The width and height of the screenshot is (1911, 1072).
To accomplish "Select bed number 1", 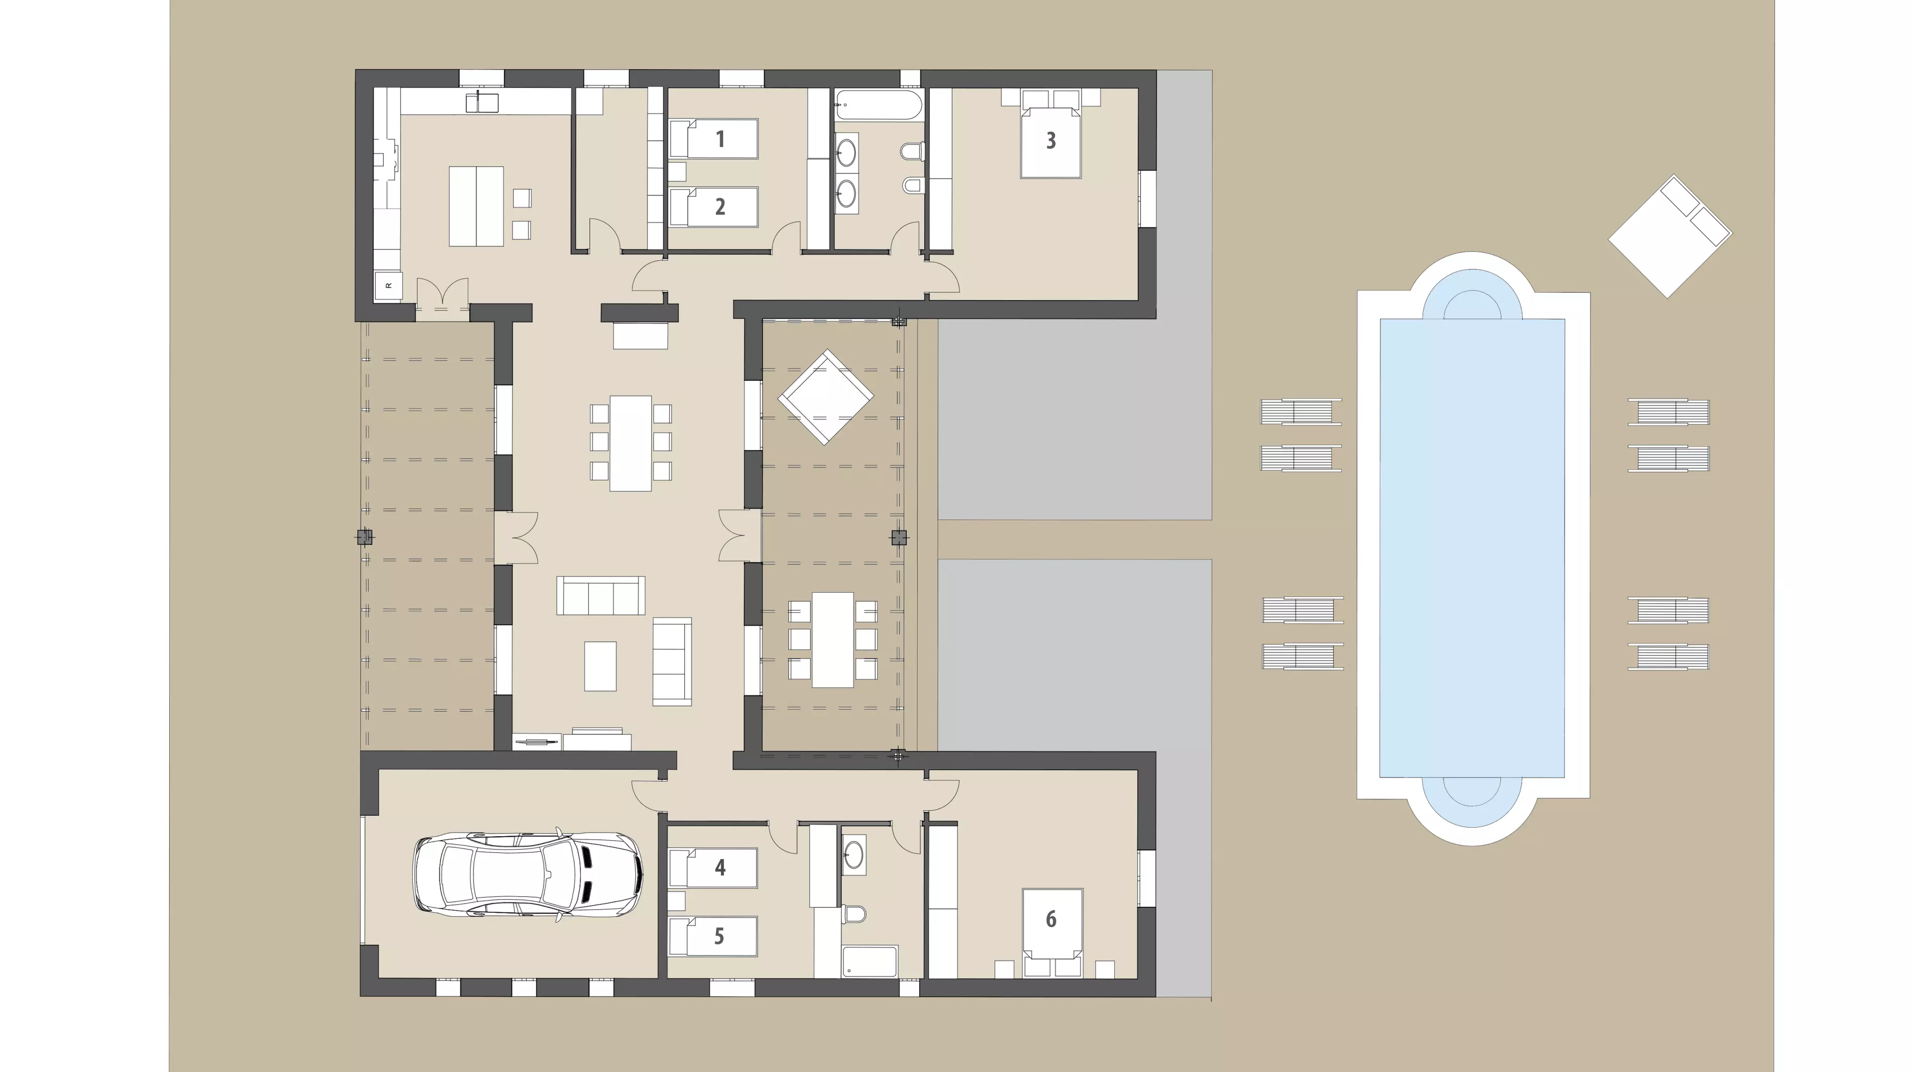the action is (714, 139).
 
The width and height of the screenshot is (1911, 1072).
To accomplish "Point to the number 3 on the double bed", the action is (1051, 141).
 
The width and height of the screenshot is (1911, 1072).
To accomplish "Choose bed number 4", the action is (713, 868).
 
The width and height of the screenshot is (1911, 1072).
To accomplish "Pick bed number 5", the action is (713, 936).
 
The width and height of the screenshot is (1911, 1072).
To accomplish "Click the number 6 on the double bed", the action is (1051, 919).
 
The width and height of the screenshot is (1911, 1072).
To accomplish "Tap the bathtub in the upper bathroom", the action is (879, 105).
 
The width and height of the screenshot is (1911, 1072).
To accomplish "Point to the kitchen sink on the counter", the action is (482, 103).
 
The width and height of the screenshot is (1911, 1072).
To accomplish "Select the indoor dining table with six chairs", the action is (631, 443).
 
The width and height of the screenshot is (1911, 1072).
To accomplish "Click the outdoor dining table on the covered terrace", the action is (833, 640).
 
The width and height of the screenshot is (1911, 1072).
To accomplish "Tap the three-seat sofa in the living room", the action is (601, 595).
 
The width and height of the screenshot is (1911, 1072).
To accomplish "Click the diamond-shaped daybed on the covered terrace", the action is (825, 397).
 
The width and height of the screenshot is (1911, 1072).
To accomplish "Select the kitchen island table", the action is (476, 206).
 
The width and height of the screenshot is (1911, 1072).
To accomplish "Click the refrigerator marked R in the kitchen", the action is (388, 286).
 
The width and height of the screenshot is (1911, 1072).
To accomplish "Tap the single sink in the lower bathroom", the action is (854, 855).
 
